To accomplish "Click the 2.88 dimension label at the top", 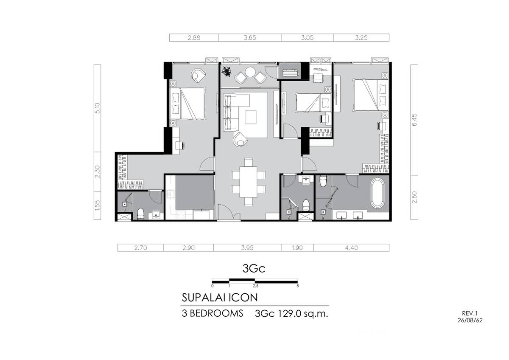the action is pyautogui.click(x=194, y=38).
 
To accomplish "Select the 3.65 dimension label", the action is pyautogui.click(x=250, y=38).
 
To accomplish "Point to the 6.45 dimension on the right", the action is pyautogui.click(x=414, y=120).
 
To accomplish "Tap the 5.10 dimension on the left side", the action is pyautogui.click(x=97, y=108).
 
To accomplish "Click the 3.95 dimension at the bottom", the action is pyautogui.click(x=247, y=247).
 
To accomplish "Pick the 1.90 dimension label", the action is pyautogui.click(x=297, y=247).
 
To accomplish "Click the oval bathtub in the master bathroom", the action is pyautogui.click(x=377, y=193).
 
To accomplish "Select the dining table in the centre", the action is pyautogui.click(x=249, y=182).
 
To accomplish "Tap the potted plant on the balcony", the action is pyautogui.click(x=227, y=71).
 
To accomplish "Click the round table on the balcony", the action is pyautogui.click(x=250, y=72).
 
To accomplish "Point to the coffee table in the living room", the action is pyautogui.click(x=251, y=117).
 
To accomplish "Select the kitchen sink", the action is pyautogui.click(x=170, y=194).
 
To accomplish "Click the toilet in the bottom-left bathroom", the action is pyautogui.click(x=141, y=214).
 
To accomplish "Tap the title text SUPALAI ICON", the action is pyautogui.click(x=220, y=298).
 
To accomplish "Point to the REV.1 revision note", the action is pyautogui.click(x=470, y=313).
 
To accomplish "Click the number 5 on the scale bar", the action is pyautogui.click(x=298, y=286).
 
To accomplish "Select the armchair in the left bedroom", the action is pyautogui.click(x=199, y=76).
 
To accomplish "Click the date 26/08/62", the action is pyautogui.click(x=470, y=320).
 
